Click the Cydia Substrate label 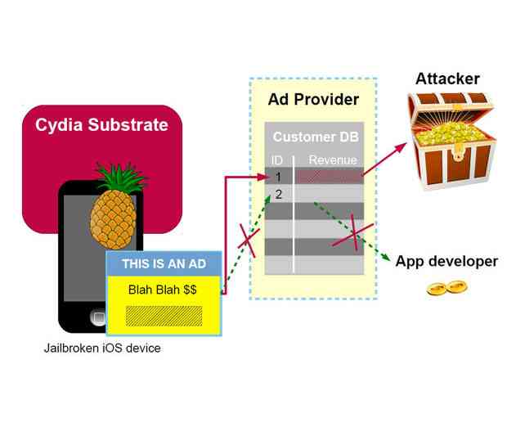(x=101, y=126)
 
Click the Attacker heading (x=447, y=79)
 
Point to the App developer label (x=446, y=262)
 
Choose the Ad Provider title (x=313, y=100)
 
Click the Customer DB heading (x=314, y=137)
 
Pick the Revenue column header (x=332, y=160)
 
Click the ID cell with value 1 (x=278, y=176)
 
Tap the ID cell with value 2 (x=278, y=194)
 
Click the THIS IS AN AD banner (x=164, y=263)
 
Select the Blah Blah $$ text (x=163, y=290)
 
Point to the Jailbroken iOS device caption (x=102, y=348)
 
